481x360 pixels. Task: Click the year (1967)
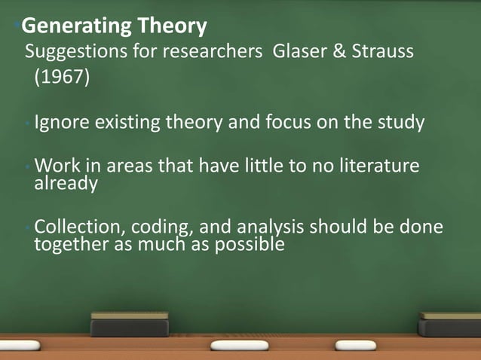pos(60,78)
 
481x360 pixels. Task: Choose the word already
pos(66,185)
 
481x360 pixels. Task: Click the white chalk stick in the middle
pos(239,344)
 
